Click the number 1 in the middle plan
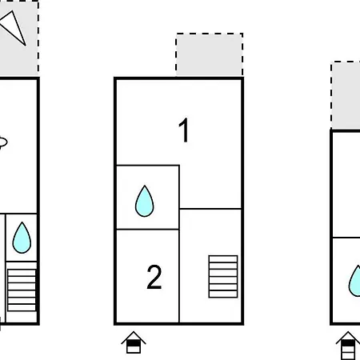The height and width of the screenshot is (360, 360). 184,130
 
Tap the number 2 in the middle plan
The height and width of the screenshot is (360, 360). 154,277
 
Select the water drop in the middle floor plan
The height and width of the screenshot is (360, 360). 145,202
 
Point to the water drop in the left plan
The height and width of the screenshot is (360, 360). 22,238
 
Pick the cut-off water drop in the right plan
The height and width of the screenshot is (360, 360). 354,282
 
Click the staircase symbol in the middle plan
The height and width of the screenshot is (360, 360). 223,277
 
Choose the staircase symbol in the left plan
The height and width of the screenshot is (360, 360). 22,290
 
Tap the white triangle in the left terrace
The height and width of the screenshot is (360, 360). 13,28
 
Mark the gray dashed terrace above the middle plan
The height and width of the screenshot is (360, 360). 210,55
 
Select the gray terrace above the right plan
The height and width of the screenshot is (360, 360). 346,95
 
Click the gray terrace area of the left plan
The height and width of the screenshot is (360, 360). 19,38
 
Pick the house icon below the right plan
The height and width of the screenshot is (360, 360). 347,346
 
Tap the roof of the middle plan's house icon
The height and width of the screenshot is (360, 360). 134,337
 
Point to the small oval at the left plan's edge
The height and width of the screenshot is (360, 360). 2,142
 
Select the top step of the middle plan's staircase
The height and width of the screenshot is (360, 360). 223,259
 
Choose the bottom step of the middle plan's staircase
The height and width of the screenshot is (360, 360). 223,294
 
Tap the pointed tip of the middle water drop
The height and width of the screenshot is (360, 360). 145,186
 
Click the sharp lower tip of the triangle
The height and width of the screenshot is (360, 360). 26,46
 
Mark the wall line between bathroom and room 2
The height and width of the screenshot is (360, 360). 148,230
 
